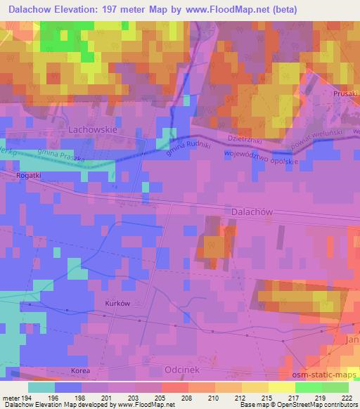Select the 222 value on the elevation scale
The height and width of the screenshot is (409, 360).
click(347, 397)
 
